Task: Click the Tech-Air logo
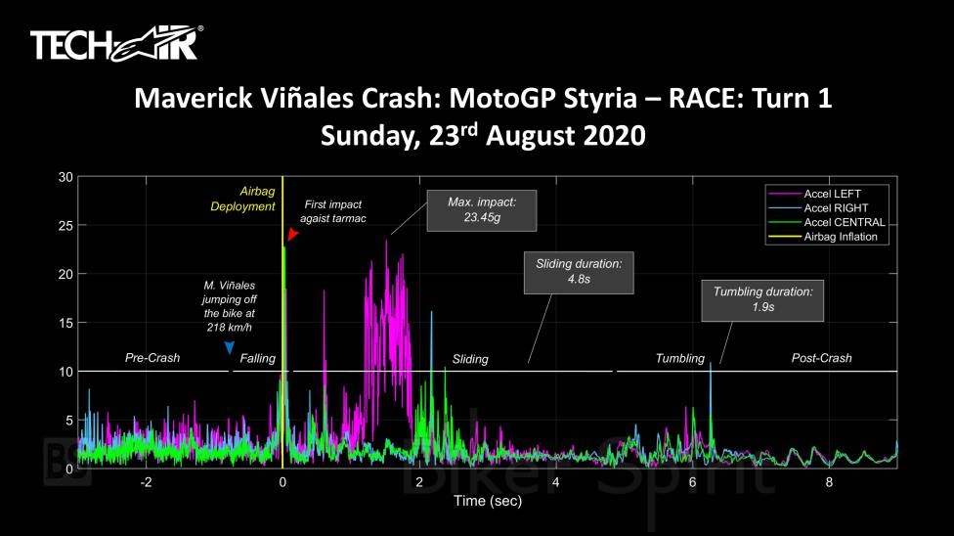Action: coord(116,44)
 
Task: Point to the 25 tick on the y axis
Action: coord(65,226)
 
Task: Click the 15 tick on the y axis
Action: coord(65,323)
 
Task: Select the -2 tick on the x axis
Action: coord(146,483)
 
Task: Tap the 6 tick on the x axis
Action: coord(692,483)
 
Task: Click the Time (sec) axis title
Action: coord(487,501)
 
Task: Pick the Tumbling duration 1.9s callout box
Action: coord(762,300)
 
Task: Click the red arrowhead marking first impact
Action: coord(292,236)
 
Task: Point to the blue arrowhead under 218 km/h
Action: coord(229,347)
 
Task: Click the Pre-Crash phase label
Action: coord(152,358)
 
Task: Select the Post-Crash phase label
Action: coord(821,358)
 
